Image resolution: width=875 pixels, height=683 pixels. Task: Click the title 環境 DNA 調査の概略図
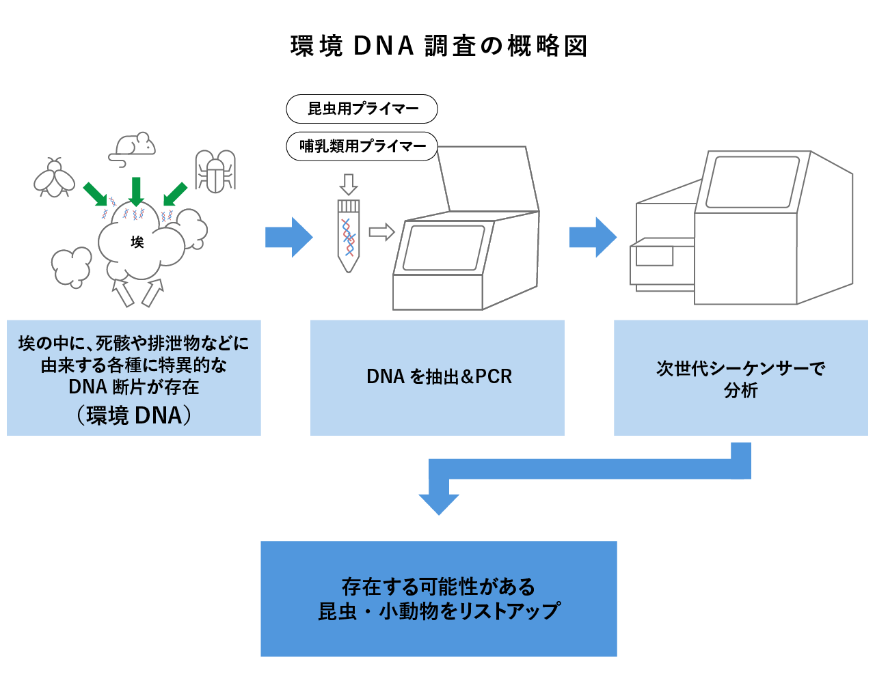[x=438, y=46]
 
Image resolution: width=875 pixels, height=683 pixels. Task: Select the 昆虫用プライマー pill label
[x=362, y=109]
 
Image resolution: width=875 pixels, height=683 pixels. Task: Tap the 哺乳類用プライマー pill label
[x=362, y=146]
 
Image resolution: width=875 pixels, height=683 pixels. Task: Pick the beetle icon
[x=215, y=171]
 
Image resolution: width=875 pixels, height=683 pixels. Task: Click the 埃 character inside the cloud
[x=137, y=242]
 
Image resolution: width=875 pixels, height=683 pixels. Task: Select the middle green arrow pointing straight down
[x=136, y=192]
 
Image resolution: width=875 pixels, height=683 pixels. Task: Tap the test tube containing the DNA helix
[x=349, y=236]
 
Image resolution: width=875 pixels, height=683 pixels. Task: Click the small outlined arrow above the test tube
[x=349, y=184]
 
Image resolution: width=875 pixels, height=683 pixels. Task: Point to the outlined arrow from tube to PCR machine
[x=381, y=232]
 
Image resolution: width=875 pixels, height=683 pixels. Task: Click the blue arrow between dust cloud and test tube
[x=288, y=237]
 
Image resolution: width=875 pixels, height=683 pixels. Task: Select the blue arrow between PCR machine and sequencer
[x=593, y=237]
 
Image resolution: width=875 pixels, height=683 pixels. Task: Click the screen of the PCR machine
[x=444, y=248]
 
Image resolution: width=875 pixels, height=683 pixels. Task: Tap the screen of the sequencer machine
[x=753, y=182]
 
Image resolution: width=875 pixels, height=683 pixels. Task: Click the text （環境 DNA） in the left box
[x=134, y=415]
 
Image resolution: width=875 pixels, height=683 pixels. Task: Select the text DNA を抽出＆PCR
[x=439, y=376]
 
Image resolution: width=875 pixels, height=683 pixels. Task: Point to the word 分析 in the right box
[x=741, y=390]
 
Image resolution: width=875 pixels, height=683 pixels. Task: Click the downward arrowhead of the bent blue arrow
[x=439, y=505]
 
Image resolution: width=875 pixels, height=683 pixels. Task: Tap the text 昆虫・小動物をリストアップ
[x=439, y=611]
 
